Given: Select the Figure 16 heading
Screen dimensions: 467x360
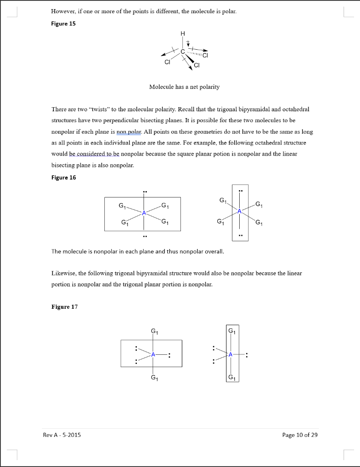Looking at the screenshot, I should click(x=63, y=177).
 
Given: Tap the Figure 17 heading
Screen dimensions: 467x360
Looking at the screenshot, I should click(x=64, y=306).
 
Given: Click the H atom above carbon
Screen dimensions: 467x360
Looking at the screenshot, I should click(x=183, y=33).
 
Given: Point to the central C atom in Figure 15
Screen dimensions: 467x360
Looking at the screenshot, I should click(x=183, y=52).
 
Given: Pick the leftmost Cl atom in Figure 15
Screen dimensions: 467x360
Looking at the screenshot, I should click(x=167, y=63).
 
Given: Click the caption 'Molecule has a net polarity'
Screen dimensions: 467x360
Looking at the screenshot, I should click(x=184, y=87).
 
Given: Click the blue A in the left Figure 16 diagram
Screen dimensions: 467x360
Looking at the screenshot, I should click(x=144, y=213).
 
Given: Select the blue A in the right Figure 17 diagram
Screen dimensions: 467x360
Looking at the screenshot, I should click(x=231, y=354).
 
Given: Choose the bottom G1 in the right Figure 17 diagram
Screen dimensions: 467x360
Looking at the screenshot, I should click(x=231, y=377).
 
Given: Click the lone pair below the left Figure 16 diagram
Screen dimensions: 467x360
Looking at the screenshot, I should click(x=144, y=237).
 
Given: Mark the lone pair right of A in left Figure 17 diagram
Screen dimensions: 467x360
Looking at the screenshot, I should click(x=170, y=355).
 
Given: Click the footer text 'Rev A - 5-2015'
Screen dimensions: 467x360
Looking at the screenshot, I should click(x=62, y=435).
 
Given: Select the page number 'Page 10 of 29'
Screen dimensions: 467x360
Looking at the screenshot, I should click(x=300, y=435).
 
